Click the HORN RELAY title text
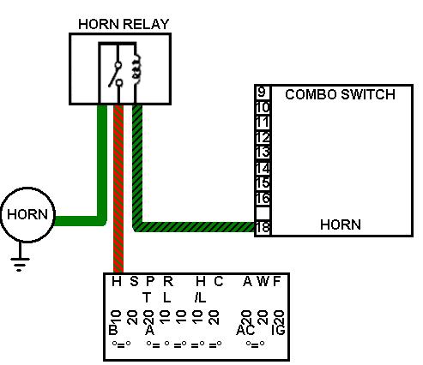[x=124, y=24]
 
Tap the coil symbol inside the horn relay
[x=137, y=68]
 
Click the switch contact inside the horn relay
[x=116, y=75]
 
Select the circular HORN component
[x=27, y=215]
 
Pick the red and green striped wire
[x=118, y=188]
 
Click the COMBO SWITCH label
[x=340, y=94]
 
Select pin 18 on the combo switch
[x=263, y=227]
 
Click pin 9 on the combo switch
[x=262, y=93]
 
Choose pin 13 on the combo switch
[x=263, y=152]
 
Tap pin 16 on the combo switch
[x=263, y=198]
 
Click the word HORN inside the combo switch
[x=341, y=224]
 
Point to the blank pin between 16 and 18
[x=263, y=212]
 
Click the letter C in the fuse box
[x=219, y=282]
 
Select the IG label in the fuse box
[x=278, y=330]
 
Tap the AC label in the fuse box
[x=245, y=330]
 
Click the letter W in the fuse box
[x=263, y=282]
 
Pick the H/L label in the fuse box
[x=200, y=290]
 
